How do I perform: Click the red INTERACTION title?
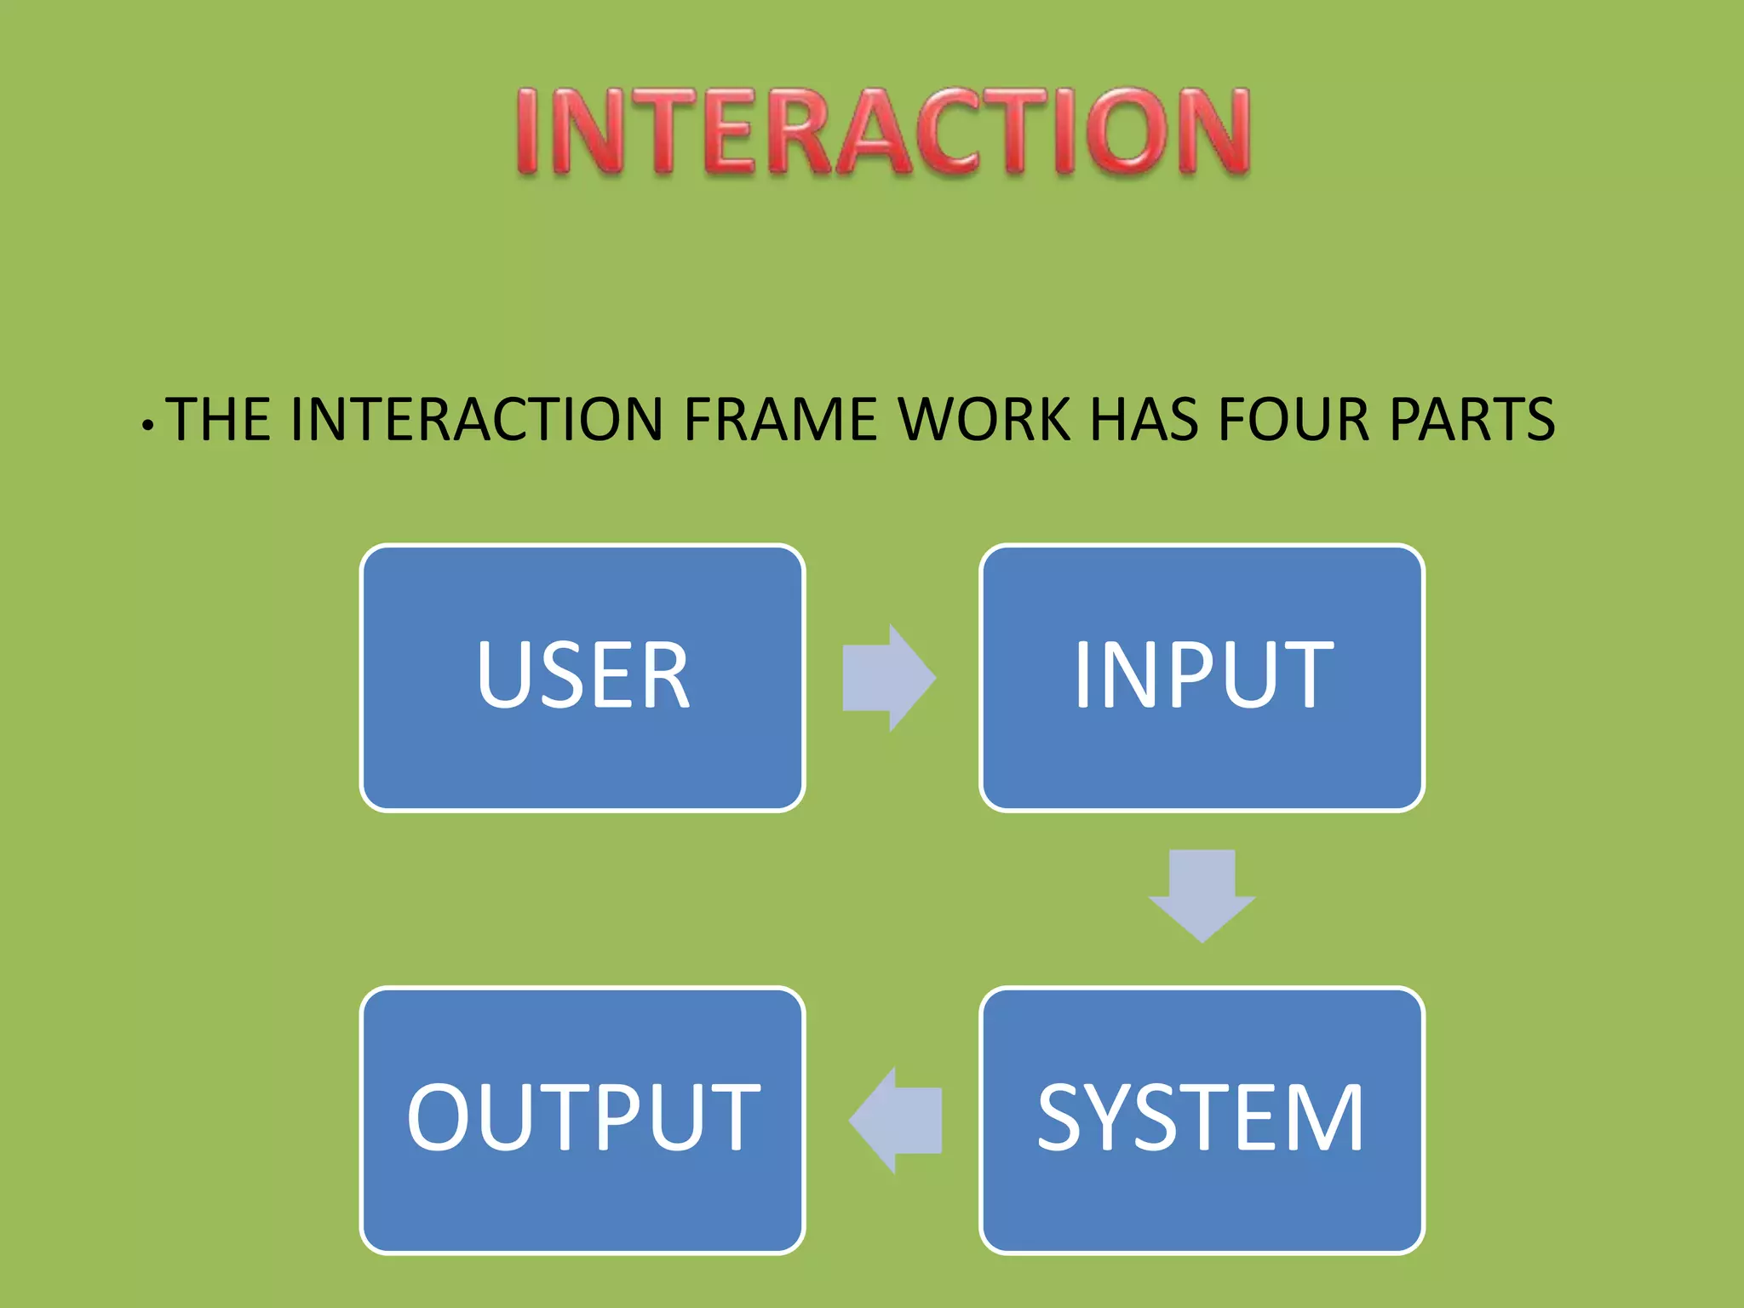[x=883, y=132]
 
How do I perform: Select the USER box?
[x=582, y=678]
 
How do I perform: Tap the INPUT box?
[x=1202, y=678]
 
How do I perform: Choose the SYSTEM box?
[x=1202, y=1120]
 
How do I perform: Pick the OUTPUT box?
[x=582, y=1120]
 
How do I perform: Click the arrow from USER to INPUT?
[x=888, y=678]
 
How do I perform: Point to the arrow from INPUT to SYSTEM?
[x=1202, y=894]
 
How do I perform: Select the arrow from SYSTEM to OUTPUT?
[x=896, y=1120]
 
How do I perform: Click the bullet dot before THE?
[x=148, y=424]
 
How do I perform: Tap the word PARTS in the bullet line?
[x=1471, y=419]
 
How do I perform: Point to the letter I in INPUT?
[x=1083, y=674]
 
